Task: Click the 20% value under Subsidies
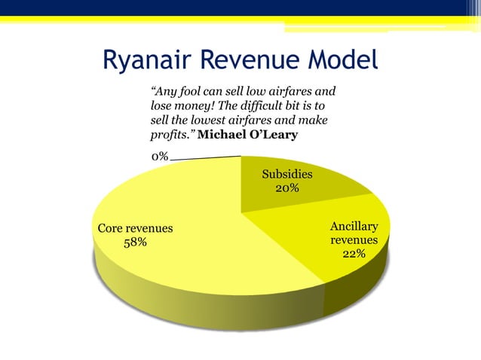click(x=286, y=188)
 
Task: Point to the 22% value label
click(x=354, y=254)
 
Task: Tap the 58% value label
click(x=136, y=242)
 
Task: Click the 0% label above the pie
click(x=159, y=157)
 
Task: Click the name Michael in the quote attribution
click(x=223, y=135)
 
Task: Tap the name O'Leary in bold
click(x=275, y=135)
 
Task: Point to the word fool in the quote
click(x=186, y=92)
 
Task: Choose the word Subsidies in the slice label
click(x=286, y=174)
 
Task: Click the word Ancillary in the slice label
click(x=354, y=226)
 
